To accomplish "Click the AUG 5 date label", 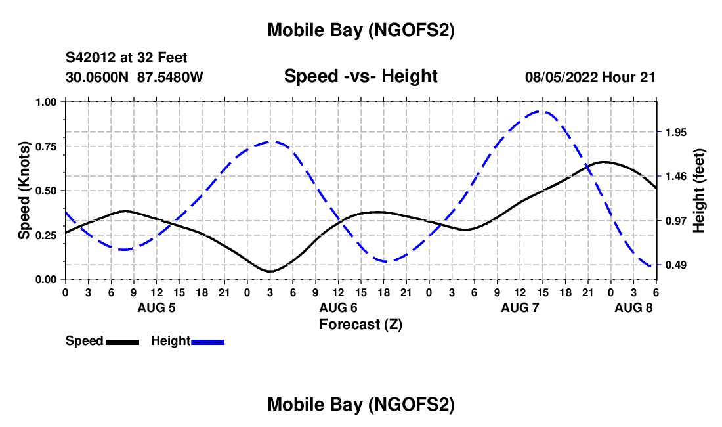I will point(156,307).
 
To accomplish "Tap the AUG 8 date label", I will point(633,307).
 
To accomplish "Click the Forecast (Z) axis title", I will point(360,324).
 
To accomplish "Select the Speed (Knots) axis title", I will point(24,191).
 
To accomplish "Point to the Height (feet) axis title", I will point(699,191).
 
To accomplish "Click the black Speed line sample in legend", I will point(122,342).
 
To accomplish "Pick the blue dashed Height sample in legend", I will point(208,342).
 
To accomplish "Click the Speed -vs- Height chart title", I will point(360,76).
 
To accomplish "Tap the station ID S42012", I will point(92,58).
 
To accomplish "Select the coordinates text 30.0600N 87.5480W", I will point(135,77).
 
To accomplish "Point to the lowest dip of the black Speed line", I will point(270,271).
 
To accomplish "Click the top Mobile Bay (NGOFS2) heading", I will point(360,30).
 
